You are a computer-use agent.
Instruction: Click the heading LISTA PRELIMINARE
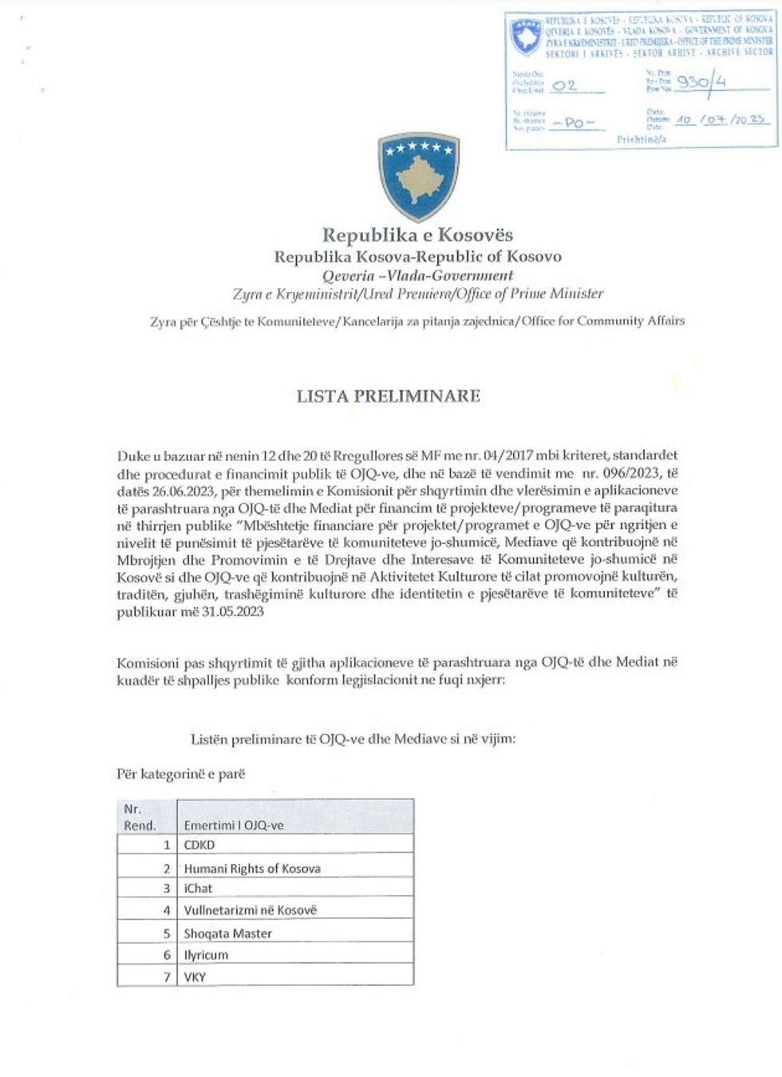[x=388, y=396]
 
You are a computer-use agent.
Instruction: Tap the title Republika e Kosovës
[x=417, y=235]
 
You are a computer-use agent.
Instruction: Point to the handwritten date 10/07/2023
[x=721, y=120]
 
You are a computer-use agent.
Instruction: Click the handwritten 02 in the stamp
[x=564, y=85]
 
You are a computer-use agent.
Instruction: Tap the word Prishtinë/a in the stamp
[x=641, y=140]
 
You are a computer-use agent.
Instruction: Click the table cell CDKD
[x=199, y=845]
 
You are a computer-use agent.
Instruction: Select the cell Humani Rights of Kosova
[x=252, y=869]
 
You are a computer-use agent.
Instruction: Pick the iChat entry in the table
[x=198, y=889]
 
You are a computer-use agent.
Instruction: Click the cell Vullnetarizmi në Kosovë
[x=250, y=910]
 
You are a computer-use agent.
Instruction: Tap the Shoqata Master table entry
[x=228, y=933]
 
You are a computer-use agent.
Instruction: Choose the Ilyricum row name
[x=206, y=955]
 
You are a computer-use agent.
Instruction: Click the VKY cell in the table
[x=195, y=976]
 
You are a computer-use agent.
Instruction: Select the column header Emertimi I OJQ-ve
[x=233, y=826]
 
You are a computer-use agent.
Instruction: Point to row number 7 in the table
[x=167, y=976]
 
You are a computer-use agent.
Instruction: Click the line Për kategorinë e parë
[x=181, y=774]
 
